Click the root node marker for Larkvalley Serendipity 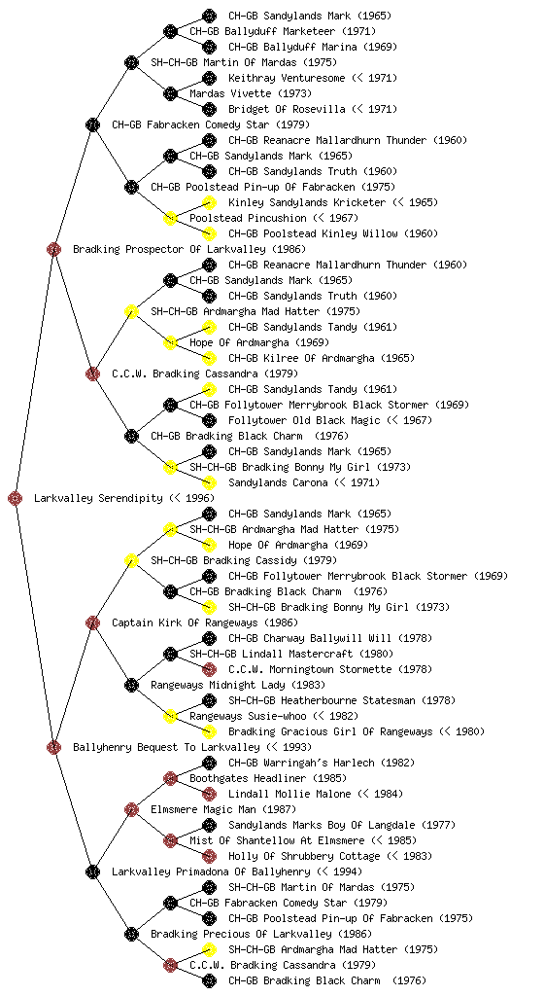[16, 498]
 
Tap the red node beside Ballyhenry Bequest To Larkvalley [53, 747]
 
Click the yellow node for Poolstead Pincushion [170, 218]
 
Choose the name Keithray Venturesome [287, 78]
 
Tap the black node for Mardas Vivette [170, 93]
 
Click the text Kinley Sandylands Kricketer [307, 202]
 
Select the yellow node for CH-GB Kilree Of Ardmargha [209, 358]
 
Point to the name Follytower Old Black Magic [304, 420]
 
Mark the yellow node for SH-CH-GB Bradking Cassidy [131, 560]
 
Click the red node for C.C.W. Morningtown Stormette [209, 669]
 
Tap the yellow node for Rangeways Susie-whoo [170, 716]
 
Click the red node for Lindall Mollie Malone [209, 794]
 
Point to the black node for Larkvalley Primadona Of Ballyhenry [92, 871]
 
